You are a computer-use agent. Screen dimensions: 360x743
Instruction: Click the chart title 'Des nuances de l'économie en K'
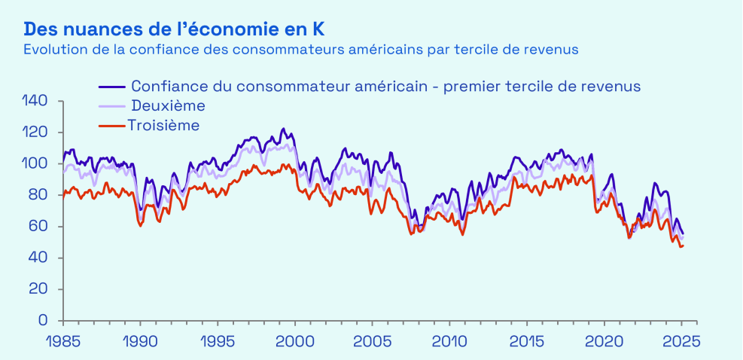click(175, 29)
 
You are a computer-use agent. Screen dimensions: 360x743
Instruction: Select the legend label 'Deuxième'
click(168, 105)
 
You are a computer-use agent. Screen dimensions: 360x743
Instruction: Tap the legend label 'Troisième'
click(164, 125)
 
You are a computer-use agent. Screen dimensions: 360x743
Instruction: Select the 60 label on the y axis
click(39, 227)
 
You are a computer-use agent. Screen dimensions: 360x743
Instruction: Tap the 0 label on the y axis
click(45, 321)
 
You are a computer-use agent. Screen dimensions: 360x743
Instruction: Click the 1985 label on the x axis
click(63, 340)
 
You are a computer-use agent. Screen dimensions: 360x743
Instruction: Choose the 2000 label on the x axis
click(295, 340)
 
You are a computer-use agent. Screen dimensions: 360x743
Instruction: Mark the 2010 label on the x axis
click(450, 340)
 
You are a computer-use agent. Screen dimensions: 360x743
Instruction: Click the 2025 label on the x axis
click(681, 340)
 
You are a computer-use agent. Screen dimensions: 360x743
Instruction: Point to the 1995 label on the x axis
click(218, 340)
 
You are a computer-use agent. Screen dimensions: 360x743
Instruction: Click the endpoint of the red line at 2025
click(683, 246)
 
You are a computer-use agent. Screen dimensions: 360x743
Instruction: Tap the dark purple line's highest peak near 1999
click(283, 129)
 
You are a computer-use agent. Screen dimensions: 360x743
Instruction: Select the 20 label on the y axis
click(39, 289)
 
